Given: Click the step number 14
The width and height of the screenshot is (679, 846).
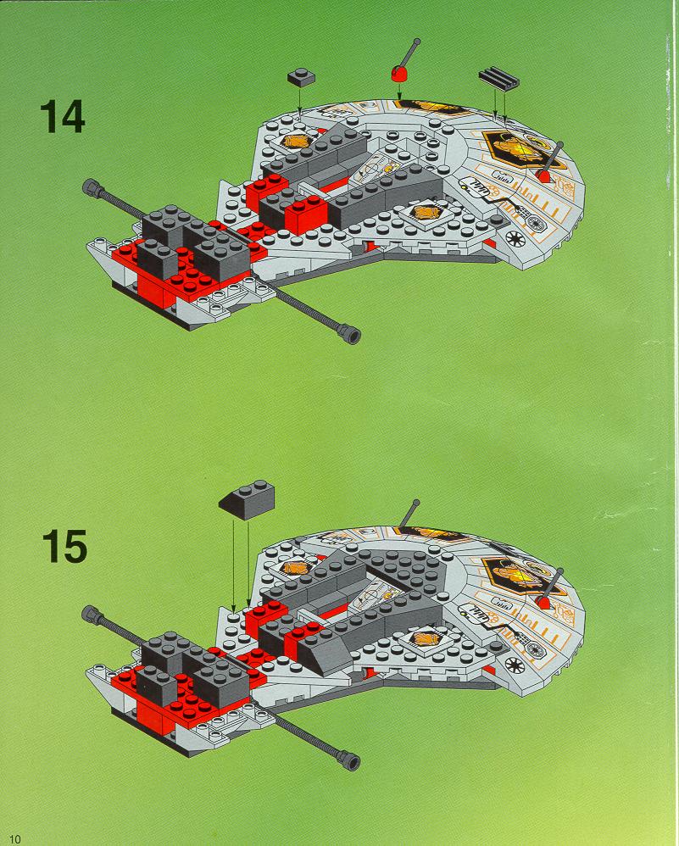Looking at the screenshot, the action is point(62,116).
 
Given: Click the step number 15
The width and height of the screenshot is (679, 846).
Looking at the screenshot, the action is point(64,547).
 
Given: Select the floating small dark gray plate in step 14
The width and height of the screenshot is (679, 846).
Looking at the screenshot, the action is point(301,77).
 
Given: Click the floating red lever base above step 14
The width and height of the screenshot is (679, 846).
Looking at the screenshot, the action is point(399,74).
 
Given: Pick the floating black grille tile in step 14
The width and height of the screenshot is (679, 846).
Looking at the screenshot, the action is point(498,79).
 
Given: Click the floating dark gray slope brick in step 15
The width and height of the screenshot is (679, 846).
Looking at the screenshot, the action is point(247,499).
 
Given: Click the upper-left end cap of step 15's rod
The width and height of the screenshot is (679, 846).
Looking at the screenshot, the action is point(92,614).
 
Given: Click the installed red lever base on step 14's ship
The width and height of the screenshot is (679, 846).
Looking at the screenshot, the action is point(543,175).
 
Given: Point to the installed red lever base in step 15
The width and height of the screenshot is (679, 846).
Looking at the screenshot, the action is point(543,602).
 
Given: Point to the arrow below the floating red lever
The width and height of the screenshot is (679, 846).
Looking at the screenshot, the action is point(399,90).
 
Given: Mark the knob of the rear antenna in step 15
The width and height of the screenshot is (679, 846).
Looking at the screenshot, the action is point(416,503).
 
